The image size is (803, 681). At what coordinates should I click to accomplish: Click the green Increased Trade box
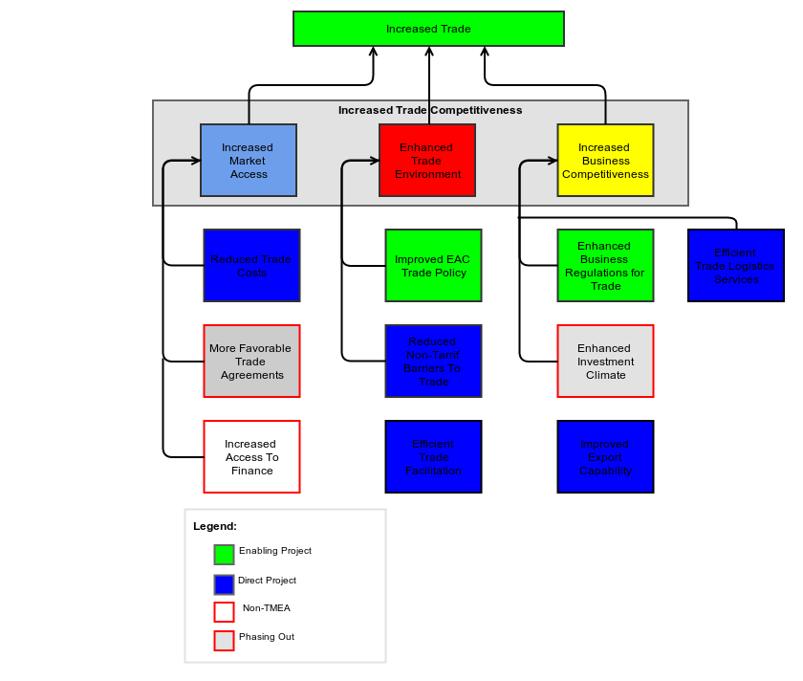[428, 29]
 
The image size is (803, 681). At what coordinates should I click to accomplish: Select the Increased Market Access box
[249, 161]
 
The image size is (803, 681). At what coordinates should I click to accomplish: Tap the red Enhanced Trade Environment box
[427, 161]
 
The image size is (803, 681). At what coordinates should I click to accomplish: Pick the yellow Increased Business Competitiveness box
[605, 161]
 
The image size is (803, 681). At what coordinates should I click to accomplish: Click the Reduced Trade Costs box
[251, 266]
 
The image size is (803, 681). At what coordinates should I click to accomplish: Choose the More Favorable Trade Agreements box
[251, 362]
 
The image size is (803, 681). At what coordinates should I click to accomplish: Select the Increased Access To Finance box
[251, 457]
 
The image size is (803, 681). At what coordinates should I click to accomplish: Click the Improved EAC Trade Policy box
[433, 266]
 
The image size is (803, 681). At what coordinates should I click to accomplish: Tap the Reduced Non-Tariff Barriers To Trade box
[433, 362]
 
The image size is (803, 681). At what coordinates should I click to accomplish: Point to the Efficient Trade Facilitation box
[433, 457]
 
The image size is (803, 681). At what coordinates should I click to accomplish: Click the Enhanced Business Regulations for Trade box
[605, 266]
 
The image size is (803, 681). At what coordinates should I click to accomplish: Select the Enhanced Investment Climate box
[605, 362]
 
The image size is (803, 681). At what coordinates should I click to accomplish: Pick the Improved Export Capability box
[605, 457]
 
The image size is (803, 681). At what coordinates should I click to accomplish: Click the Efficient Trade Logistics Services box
[736, 266]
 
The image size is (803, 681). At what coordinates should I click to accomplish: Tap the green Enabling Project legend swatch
[224, 555]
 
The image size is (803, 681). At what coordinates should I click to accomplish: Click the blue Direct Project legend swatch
[224, 584]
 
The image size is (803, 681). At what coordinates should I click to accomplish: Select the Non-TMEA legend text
[266, 608]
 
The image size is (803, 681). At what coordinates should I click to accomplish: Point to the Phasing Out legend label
[267, 637]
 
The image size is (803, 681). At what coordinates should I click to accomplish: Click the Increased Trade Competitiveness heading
[430, 110]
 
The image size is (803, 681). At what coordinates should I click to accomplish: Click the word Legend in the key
[215, 526]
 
